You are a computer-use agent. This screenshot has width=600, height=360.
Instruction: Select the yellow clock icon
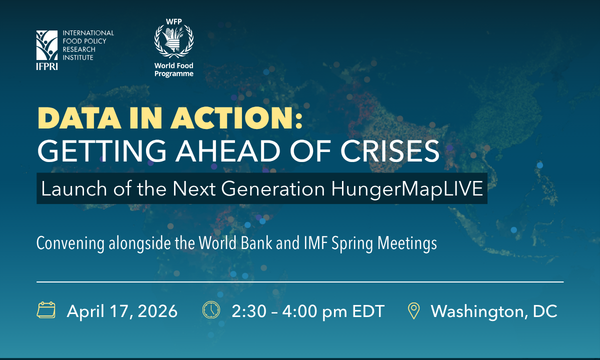[211, 310]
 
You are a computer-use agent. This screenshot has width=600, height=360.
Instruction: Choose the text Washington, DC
[493, 310]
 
